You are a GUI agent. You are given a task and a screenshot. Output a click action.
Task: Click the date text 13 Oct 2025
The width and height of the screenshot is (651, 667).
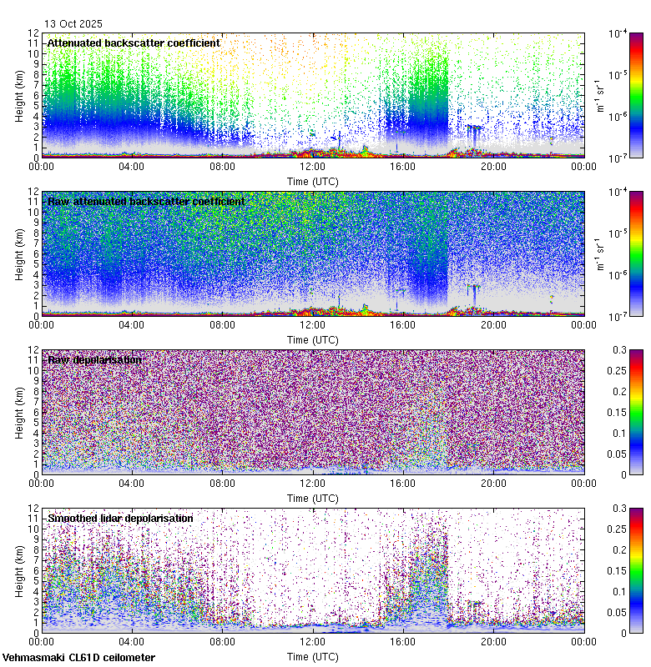[75, 23]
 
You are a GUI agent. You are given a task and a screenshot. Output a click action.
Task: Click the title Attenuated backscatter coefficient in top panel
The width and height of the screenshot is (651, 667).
[134, 43]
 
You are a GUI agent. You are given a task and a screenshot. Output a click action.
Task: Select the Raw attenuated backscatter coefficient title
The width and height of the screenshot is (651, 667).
[146, 201]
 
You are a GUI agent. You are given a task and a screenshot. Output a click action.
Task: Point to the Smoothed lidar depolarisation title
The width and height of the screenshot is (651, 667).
[120, 518]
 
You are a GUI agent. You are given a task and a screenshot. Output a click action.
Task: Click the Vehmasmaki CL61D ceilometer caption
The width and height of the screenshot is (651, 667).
[78, 658]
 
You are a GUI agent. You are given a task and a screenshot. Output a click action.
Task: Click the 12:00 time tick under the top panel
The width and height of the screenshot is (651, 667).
[313, 166]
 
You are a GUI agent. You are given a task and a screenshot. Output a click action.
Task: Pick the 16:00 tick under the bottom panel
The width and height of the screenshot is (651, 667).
[403, 641]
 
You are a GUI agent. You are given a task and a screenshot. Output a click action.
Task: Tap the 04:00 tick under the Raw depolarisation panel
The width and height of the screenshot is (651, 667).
[132, 483]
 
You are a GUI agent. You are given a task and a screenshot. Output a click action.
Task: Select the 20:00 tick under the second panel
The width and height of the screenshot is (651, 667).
[493, 324]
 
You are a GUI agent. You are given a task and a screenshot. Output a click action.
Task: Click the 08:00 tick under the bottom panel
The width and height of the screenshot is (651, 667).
[222, 641]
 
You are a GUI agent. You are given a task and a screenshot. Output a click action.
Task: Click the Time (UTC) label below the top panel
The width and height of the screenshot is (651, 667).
[313, 180]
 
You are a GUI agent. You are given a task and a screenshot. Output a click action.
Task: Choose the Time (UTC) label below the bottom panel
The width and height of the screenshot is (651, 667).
[313, 656]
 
